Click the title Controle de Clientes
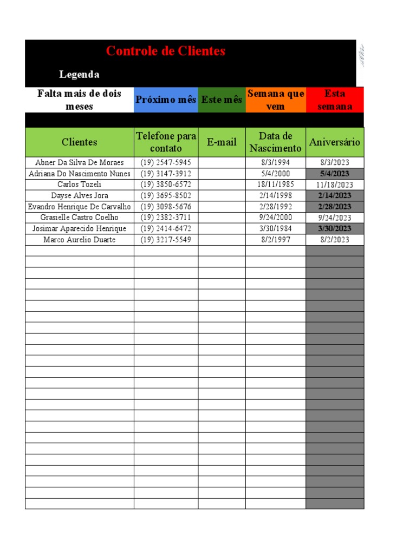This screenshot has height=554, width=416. [x=166, y=51]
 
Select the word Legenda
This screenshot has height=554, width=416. [x=79, y=74]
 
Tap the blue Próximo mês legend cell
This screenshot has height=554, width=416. [x=166, y=100]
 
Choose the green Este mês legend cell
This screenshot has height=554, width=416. [x=222, y=100]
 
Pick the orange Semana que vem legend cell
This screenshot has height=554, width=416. [x=276, y=100]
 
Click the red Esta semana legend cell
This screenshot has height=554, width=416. [x=335, y=100]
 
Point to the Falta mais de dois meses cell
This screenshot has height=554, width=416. [x=80, y=100]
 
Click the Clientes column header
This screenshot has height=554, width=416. [x=80, y=142]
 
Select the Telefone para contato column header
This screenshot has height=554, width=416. [x=166, y=142]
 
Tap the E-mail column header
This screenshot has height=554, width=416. [x=222, y=142]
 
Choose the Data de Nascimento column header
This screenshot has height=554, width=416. [x=276, y=142]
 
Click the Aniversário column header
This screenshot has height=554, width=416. [x=335, y=142]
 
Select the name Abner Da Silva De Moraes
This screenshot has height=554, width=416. [x=80, y=163]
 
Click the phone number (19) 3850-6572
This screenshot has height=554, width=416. [x=166, y=184]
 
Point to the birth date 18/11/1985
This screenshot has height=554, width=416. [x=275, y=184]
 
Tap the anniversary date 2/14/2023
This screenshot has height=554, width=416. [x=335, y=195]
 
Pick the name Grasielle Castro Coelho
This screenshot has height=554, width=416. [x=80, y=217]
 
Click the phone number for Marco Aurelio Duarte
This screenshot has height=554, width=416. [x=166, y=240]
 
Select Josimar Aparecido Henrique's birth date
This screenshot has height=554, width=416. [x=275, y=228]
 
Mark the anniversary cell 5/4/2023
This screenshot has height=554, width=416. [x=335, y=174]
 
